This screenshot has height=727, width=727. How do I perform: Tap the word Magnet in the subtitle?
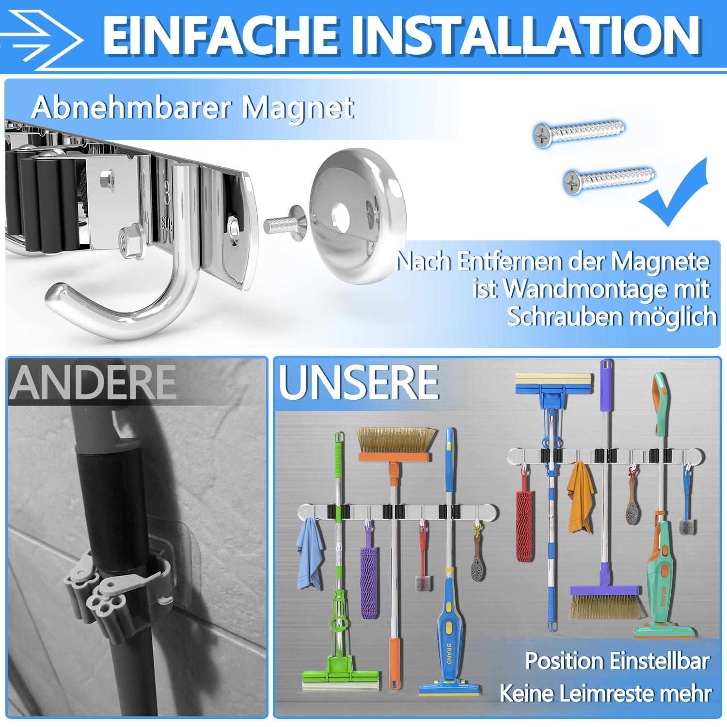click(298, 108)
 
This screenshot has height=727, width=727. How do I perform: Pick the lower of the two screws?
click(609, 179)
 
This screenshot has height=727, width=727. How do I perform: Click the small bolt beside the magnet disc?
click(284, 224)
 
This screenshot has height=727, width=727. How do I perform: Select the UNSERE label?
click(359, 383)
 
